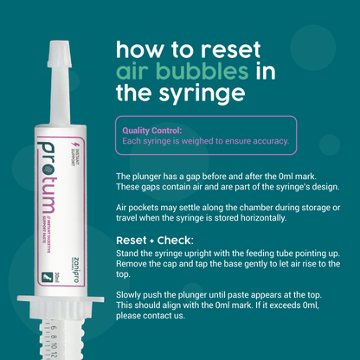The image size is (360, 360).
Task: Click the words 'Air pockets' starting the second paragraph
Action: coord(136,211)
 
